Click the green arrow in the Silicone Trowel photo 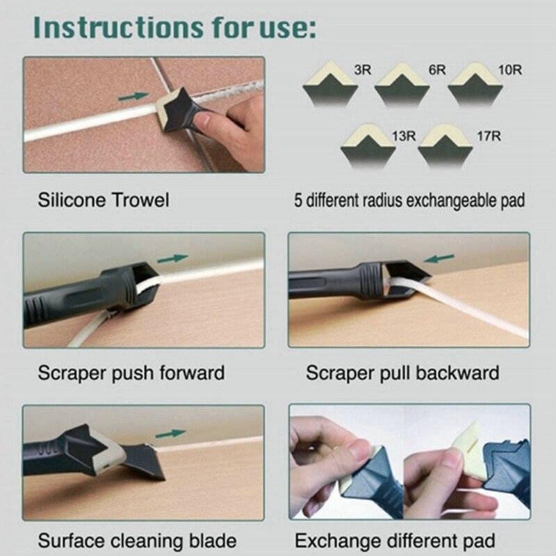pos(133,97)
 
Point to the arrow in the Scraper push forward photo pos(172,259)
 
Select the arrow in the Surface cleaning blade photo pos(170,434)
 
